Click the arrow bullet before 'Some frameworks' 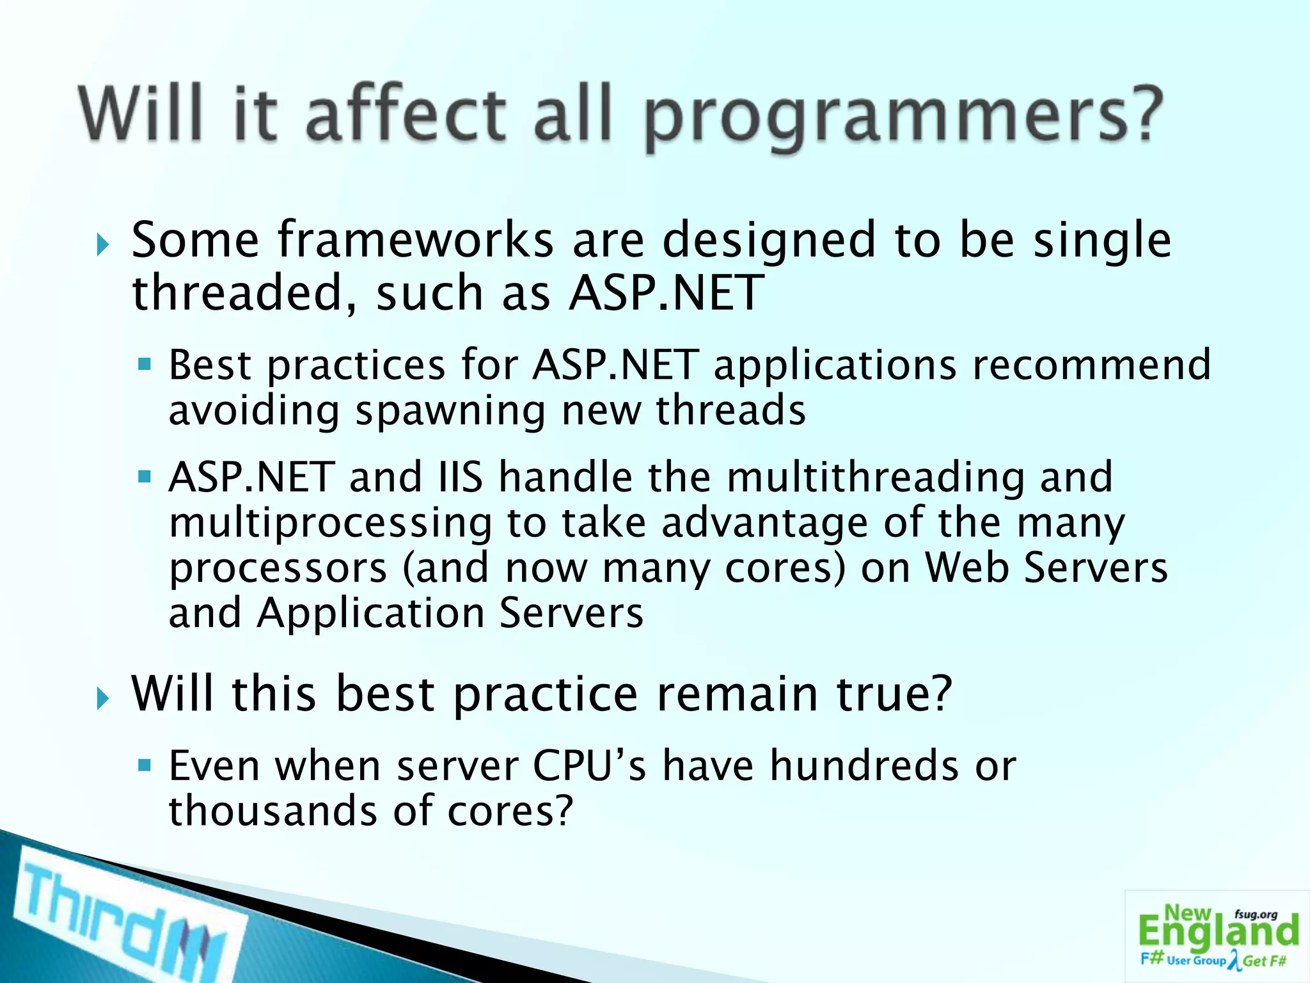pos(102,244)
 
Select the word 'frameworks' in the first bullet pos(416,240)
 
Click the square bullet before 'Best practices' pos(145,365)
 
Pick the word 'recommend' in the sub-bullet pos(1091,365)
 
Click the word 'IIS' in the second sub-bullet pos(461,477)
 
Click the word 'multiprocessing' pos(330,523)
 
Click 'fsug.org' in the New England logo pos(1256,915)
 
